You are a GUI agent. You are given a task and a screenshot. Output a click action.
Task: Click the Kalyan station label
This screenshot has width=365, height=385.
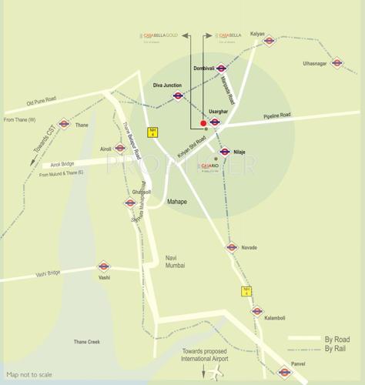click(x=257, y=34)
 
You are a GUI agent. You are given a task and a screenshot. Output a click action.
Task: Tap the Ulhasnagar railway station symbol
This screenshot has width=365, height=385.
click(x=337, y=63)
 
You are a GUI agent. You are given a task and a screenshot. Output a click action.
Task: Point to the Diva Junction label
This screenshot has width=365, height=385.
click(x=167, y=85)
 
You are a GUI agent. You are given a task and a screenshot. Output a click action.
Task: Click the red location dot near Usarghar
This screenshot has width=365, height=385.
click(x=203, y=122)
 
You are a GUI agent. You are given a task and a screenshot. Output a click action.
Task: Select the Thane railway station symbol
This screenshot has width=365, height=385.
click(x=64, y=124)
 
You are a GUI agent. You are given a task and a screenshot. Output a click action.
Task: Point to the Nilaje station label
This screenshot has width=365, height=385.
click(x=239, y=152)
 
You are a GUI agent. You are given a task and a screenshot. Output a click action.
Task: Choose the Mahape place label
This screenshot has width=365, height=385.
click(x=177, y=202)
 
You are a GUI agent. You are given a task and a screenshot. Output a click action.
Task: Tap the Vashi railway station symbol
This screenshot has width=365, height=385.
click(x=103, y=266)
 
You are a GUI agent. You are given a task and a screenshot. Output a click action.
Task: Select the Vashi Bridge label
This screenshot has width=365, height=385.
click(x=48, y=273)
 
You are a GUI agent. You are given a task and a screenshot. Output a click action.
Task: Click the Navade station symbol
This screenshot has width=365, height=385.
click(x=231, y=247)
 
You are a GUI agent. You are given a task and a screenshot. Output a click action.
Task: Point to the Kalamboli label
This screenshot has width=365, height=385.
click(x=275, y=317)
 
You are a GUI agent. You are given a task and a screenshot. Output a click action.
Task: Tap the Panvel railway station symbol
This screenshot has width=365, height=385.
click(x=285, y=372)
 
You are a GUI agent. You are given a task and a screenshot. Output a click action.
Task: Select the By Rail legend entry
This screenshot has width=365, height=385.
click(x=334, y=350)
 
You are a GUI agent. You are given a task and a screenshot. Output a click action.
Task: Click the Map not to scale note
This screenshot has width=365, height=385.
click(x=29, y=374)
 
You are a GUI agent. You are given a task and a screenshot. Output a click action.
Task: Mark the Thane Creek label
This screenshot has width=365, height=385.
click(x=86, y=341)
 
